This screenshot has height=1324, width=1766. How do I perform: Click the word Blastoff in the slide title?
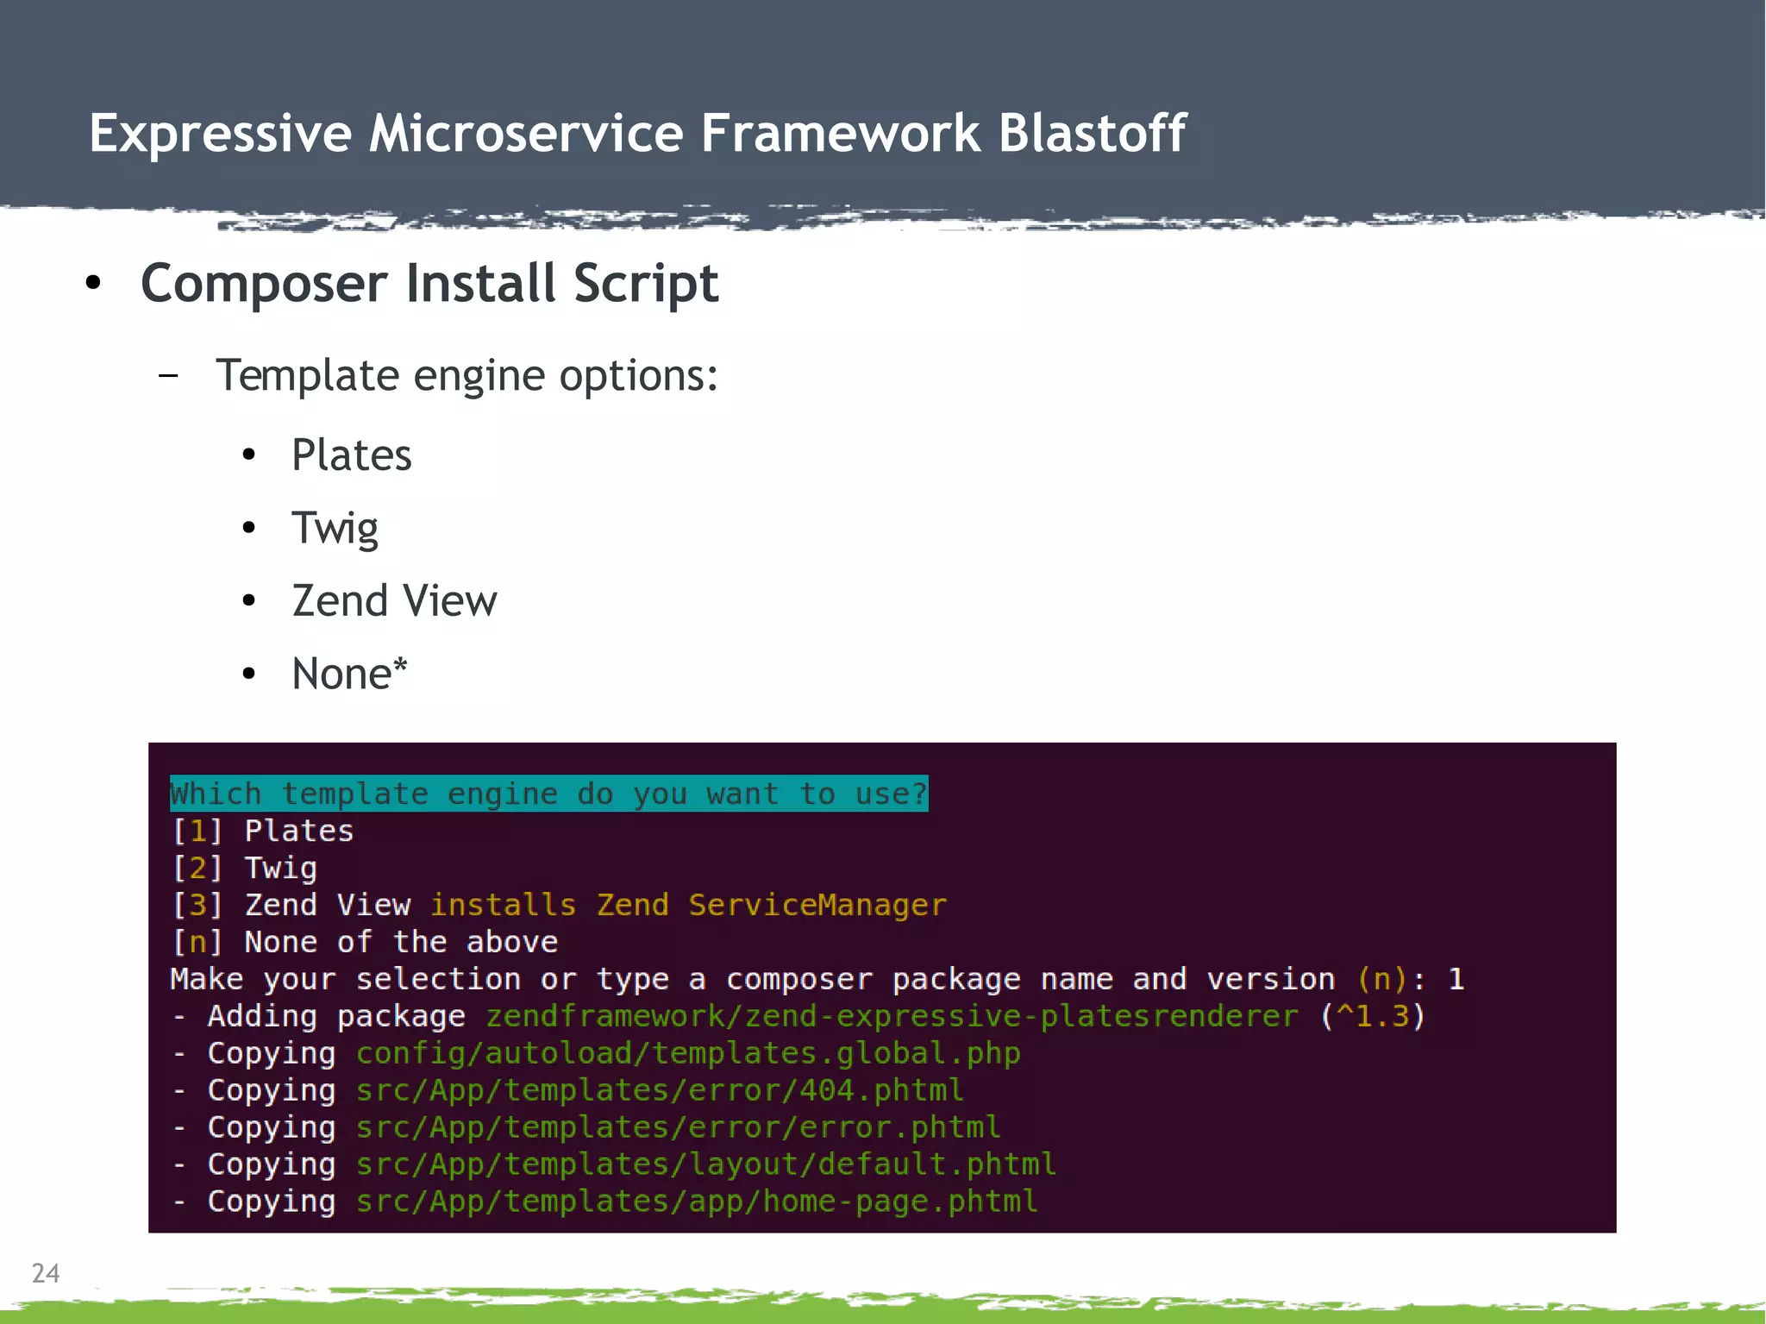tap(1092, 134)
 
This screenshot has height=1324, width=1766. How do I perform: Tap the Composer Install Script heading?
tap(429, 284)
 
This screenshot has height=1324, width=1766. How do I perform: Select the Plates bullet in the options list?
tap(352, 455)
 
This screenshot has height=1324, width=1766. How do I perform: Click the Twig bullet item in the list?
tap(335, 529)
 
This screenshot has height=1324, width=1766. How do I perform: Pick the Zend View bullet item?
tap(394, 601)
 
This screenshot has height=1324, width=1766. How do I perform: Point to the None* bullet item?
tap(349, 675)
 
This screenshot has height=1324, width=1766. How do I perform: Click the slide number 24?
tap(46, 1273)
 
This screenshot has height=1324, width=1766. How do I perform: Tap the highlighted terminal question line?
tap(548, 794)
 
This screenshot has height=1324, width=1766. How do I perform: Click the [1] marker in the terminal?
tap(197, 831)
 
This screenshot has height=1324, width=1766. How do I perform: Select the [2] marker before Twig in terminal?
tap(197, 869)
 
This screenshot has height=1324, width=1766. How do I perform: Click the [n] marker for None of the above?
tap(197, 943)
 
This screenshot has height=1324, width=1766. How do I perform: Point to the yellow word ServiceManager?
tap(817, 906)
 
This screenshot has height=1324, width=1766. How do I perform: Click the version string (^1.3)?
tap(1372, 1017)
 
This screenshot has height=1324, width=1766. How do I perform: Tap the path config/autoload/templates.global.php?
tap(688, 1054)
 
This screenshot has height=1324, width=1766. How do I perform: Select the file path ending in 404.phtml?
tap(660, 1091)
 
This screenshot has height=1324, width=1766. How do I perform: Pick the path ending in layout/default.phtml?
tap(706, 1165)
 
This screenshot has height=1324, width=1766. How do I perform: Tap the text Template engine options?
tap(467, 376)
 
